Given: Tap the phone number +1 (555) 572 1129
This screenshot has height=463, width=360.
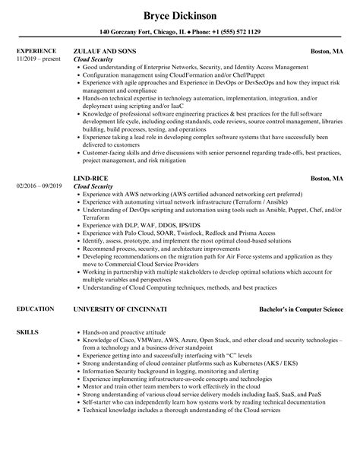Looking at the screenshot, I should (x=232, y=33).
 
